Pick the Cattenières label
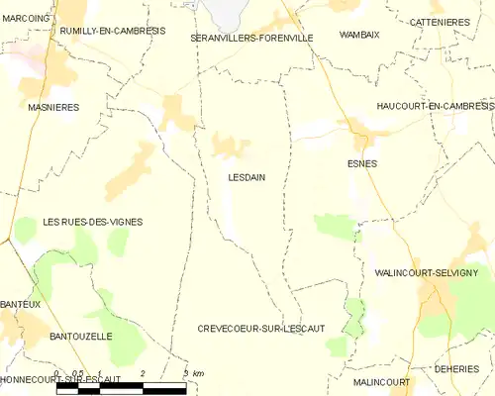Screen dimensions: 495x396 click(x=442, y=21)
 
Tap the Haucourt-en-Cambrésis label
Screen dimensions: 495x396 click(x=434, y=106)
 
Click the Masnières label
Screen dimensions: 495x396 click(x=53, y=107)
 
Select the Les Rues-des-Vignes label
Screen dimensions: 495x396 click(x=93, y=222)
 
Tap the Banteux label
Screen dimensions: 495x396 click(x=21, y=304)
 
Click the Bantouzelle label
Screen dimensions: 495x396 click(x=81, y=337)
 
